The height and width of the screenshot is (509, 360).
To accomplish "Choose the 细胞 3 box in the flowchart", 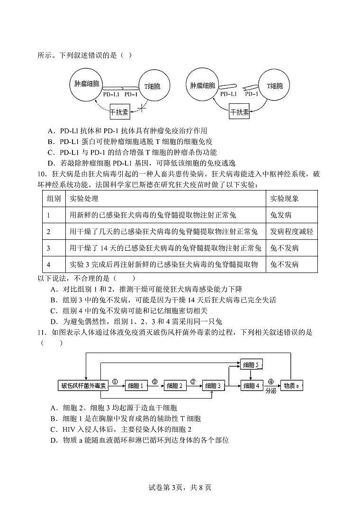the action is click(x=214, y=386).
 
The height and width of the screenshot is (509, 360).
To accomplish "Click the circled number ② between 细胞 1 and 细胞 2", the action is click(x=154, y=381).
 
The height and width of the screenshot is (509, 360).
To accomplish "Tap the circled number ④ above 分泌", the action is click(x=270, y=381).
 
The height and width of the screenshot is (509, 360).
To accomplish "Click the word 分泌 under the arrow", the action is click(x=270, y=391).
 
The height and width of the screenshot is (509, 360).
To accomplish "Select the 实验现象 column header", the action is click(x=284, y=199).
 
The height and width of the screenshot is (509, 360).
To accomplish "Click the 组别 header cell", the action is click(x=54, y=199).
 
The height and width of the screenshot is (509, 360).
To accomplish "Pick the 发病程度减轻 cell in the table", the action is click(x=291, y=231).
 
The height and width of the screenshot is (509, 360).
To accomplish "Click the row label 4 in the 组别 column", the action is click(x=48, y=264).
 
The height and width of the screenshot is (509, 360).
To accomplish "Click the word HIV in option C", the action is click(x=70, y=429).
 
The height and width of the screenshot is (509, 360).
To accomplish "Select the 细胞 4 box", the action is click(x=252, y=386).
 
